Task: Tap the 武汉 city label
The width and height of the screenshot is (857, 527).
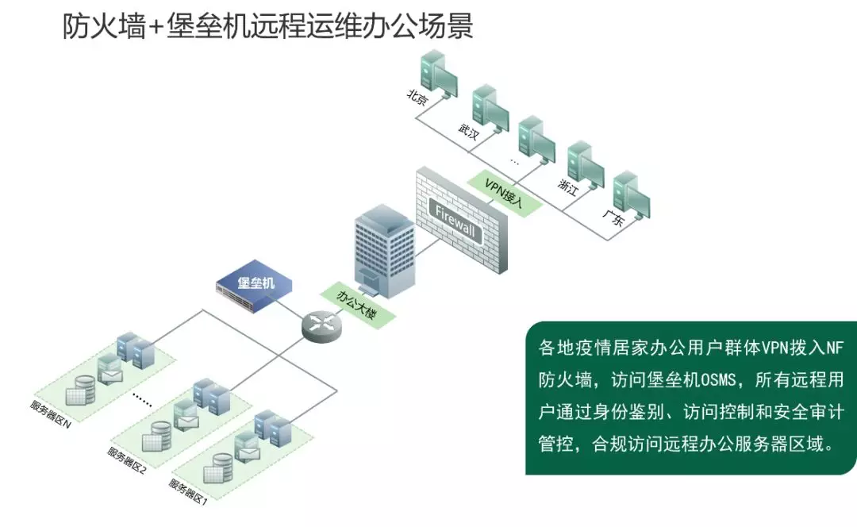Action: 468,130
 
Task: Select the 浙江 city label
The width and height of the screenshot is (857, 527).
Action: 567,187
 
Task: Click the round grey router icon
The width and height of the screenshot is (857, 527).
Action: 321,323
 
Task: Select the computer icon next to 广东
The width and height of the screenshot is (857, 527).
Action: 632,194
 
